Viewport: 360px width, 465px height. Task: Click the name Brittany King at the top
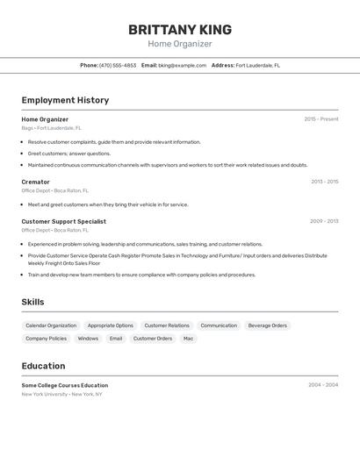[180, 29]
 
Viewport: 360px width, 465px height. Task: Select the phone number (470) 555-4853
[118, 65]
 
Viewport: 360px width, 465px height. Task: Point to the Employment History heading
[65, 100]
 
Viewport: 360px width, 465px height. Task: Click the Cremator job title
[35, 182]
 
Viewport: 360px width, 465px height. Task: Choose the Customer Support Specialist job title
[63, 222]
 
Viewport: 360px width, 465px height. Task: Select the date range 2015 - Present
[320, 119]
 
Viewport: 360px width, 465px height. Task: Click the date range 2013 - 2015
[324, 182]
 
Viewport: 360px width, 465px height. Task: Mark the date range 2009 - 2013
[324, 222]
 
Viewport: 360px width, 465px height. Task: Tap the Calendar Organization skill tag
[51, 325]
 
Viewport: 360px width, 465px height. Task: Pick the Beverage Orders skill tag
[267, 325]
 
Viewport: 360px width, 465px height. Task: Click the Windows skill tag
[88, 338]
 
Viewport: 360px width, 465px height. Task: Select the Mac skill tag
[188, 338]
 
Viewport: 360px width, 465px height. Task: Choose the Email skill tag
[116, 338]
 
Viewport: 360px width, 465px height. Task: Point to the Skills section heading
[32, 302]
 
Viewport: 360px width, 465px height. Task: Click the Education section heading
[43, 366]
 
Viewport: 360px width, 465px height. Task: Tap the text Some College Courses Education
[65, 385]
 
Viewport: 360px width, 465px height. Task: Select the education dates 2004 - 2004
[322, 385]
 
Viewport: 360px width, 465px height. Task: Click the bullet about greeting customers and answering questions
[69, 154]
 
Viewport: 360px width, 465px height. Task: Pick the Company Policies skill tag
[46, 338]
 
